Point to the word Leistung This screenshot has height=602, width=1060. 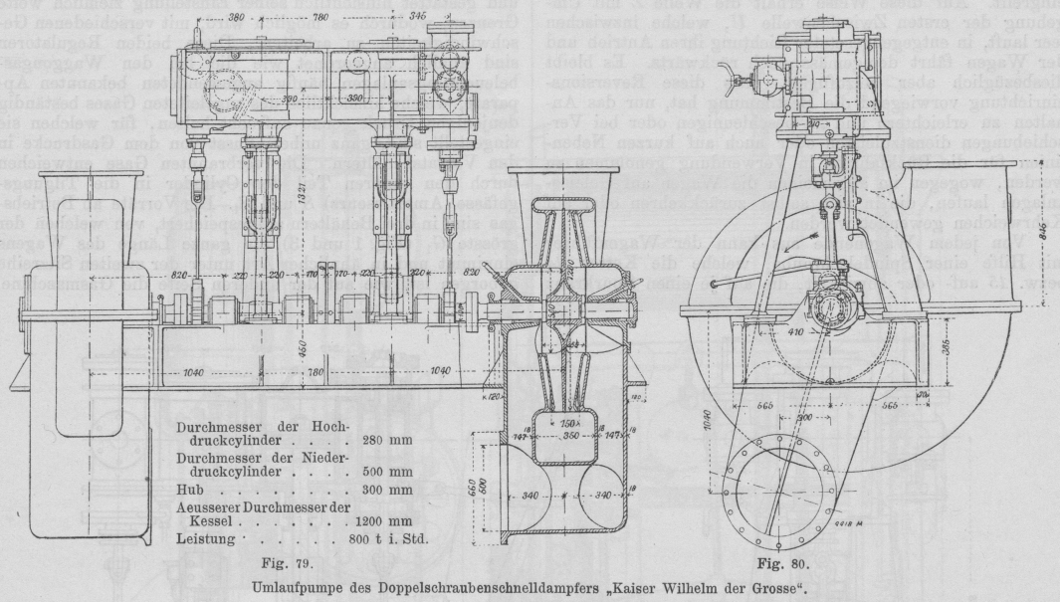[x=204, y=538]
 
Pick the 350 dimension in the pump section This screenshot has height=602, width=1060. [x=544, y=435]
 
